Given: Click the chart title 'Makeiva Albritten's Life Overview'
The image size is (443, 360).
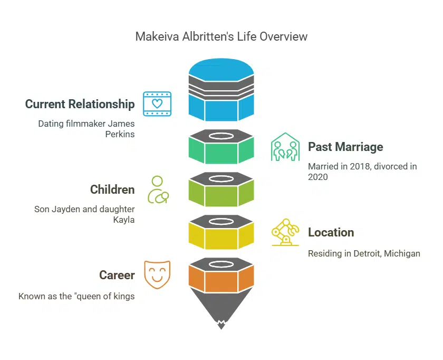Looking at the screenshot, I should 221,36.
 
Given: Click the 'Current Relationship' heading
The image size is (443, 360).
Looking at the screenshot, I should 80,104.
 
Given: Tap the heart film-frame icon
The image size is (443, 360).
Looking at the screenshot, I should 157,103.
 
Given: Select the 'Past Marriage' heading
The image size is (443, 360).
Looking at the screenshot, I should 345,147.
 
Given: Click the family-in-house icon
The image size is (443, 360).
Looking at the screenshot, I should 285,147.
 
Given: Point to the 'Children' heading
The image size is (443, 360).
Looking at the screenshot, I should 112,190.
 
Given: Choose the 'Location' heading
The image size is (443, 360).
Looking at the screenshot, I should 331,232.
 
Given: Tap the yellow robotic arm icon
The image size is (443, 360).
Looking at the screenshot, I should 285,232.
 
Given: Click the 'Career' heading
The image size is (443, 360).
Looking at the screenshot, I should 117,275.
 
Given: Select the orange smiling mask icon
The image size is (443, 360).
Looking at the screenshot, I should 157,275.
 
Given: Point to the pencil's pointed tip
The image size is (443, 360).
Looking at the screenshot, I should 221,323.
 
